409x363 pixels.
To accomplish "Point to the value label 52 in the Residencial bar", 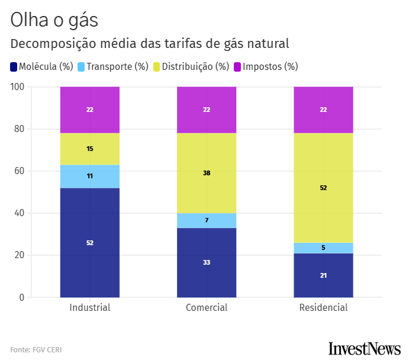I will pos(323,188).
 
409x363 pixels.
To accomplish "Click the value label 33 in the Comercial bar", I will pos(207,262).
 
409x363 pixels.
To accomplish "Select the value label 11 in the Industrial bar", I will pos(90,176).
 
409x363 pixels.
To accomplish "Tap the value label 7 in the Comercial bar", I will pos(207,220).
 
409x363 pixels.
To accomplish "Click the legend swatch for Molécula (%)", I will pos(14,66).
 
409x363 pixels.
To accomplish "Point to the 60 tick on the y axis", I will pos(19,171).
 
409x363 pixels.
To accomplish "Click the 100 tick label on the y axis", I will pos(17,87).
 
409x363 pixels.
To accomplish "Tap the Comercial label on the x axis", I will pos(207,308).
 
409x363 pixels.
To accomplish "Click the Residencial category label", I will pos(323,308).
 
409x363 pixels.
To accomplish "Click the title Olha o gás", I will pos(54,20).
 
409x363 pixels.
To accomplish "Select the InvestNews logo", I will pos(364,348).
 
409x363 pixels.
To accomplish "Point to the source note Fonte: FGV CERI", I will pos(36,350).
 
